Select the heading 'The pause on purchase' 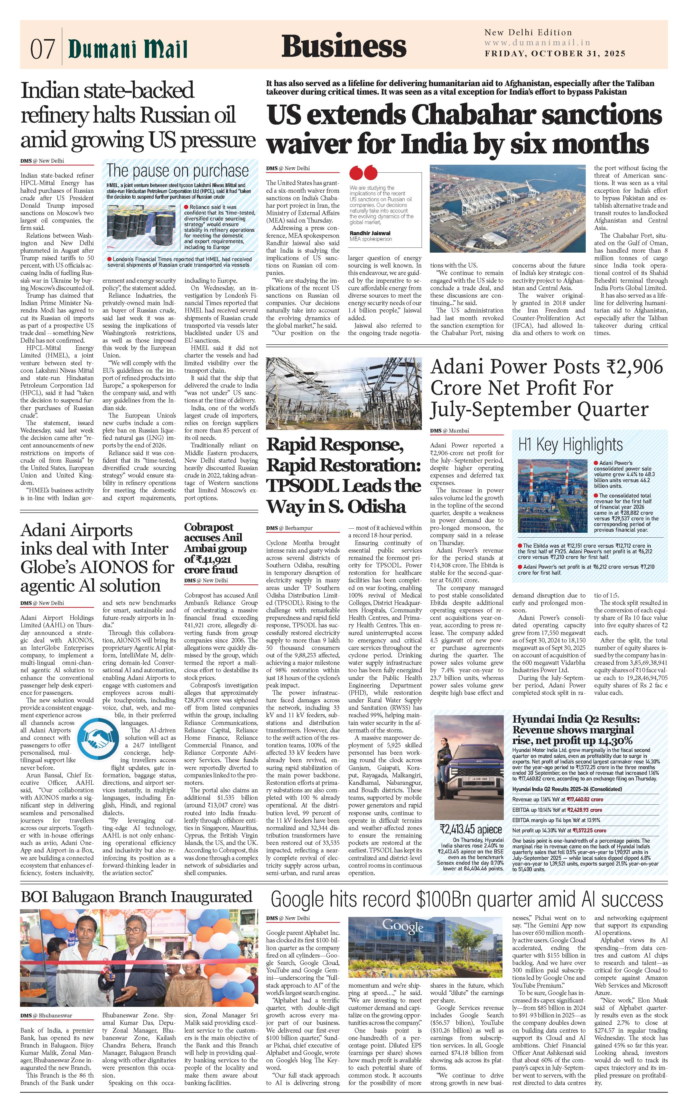click(x=178, y=171)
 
